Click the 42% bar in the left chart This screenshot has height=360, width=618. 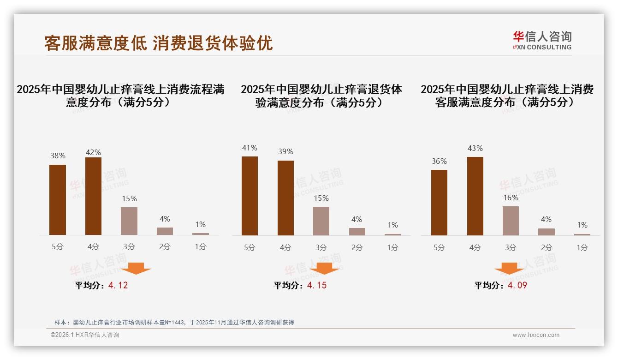93,196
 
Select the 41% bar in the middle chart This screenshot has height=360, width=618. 250,196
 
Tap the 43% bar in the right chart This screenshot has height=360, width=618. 475,196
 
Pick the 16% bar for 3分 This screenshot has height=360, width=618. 511,221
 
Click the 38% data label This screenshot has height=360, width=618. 58,156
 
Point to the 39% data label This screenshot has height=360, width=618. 285,152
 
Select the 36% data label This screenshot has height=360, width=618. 439,161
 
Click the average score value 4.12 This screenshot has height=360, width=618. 118,285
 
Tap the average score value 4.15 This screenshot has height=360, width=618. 317,285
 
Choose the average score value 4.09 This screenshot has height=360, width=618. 517,285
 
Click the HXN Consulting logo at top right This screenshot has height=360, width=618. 542,41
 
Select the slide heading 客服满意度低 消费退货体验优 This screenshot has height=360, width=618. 158,43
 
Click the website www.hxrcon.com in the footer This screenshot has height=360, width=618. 536,335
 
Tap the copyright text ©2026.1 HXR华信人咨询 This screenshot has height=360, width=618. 85,335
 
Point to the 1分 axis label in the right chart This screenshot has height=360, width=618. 582,247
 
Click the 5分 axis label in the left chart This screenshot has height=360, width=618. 58,247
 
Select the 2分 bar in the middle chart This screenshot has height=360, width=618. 357,232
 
